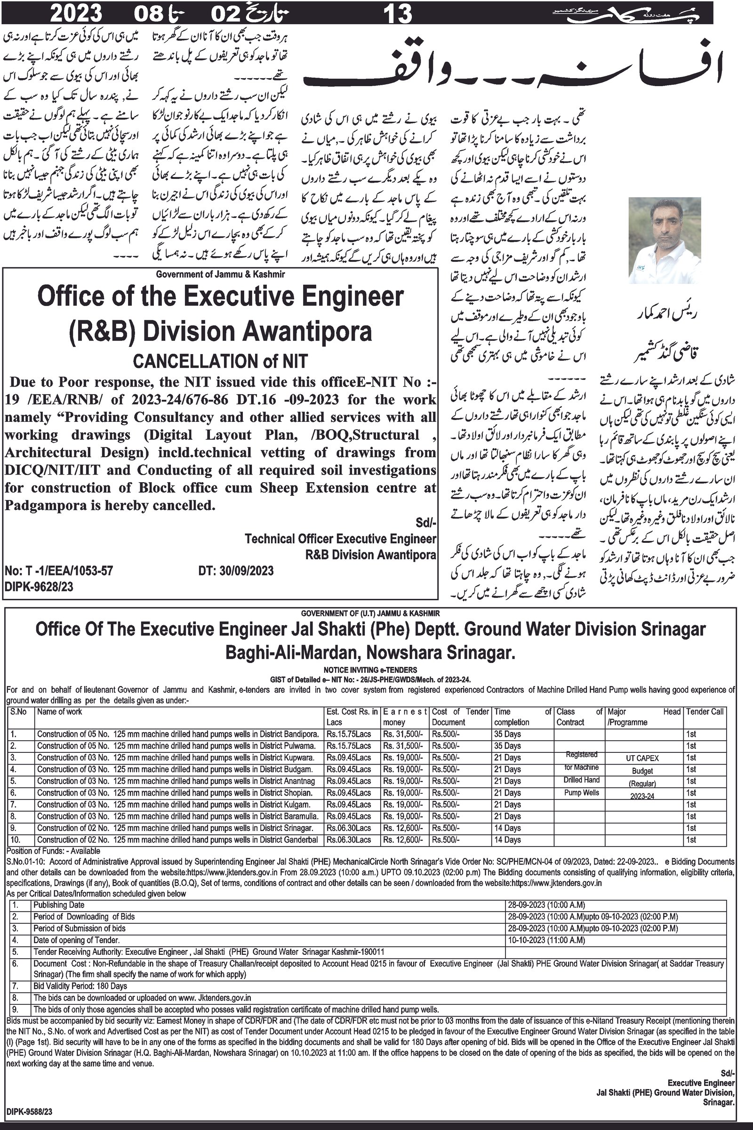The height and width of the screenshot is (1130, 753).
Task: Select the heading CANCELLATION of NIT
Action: coord(220,361)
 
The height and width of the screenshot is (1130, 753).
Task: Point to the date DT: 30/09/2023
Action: coord(236,571)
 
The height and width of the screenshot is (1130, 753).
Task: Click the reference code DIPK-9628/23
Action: coord(39,587)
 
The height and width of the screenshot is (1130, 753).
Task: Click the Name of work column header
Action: coord(60,711)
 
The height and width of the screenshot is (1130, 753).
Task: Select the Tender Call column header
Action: coord(705,711)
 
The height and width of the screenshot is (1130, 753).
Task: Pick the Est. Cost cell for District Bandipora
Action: coord(349,734)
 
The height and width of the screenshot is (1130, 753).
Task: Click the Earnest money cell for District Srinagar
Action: coord(402,828)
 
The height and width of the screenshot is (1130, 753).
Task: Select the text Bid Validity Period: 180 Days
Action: coord(80,986)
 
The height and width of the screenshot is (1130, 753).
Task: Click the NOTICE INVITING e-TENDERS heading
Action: coord(370,670)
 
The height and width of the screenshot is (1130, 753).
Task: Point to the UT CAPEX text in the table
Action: coord(642,758)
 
